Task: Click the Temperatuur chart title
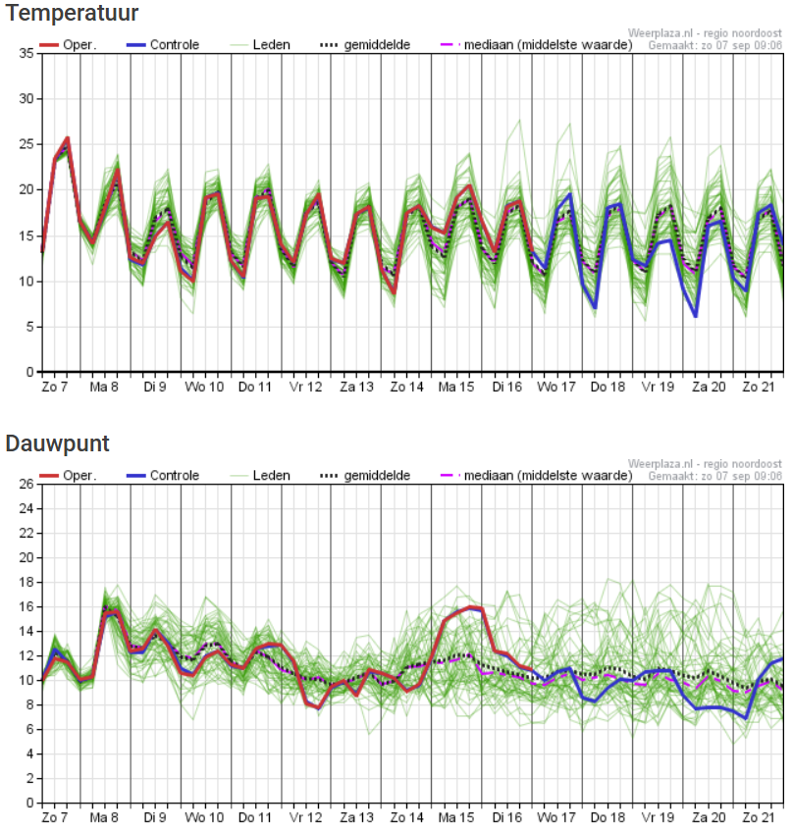(x=71, y=14)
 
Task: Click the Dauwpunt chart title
(x=57, y=443)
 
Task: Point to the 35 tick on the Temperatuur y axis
(x=26, y=54)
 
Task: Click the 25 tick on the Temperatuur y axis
(x=26, y=144)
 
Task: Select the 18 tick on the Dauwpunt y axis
(x=26, y=582)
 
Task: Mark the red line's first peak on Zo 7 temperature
(x=67, y=138)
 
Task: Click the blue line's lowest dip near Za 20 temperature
(x=695, y=316)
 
